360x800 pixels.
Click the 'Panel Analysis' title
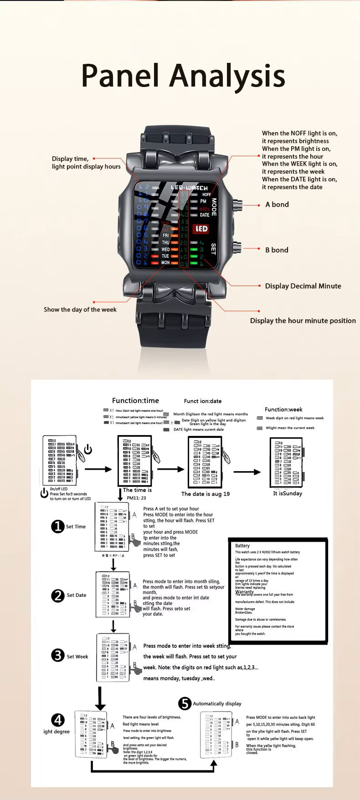coord(183,76)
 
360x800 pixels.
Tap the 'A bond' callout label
coord(277,205)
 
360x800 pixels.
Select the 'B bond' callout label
coord(277,250)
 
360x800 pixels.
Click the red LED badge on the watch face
coord(201,229)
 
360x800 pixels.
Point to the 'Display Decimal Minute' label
coord(303,286)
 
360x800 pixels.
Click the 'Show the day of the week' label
coord(80,310)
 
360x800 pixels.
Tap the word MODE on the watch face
coord(214,207)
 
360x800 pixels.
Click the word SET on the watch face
coord(213,249)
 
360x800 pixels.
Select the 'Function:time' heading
coord(135,401)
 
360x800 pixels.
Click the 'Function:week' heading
coord(283,410)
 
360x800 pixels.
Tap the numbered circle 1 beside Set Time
coord(57,527)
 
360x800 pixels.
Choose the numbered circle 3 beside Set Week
coord(57,656)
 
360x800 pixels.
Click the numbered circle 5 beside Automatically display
coord(185,703)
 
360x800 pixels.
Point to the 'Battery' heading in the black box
coord(242,546)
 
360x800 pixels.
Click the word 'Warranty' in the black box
coord(244,592)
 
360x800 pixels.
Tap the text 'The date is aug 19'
coord(206,494)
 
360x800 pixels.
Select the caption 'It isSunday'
coord(288,493)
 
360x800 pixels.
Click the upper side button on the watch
coord(238,204)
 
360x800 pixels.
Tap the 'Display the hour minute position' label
coord(303,321)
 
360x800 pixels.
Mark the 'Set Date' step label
coord(77,595)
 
